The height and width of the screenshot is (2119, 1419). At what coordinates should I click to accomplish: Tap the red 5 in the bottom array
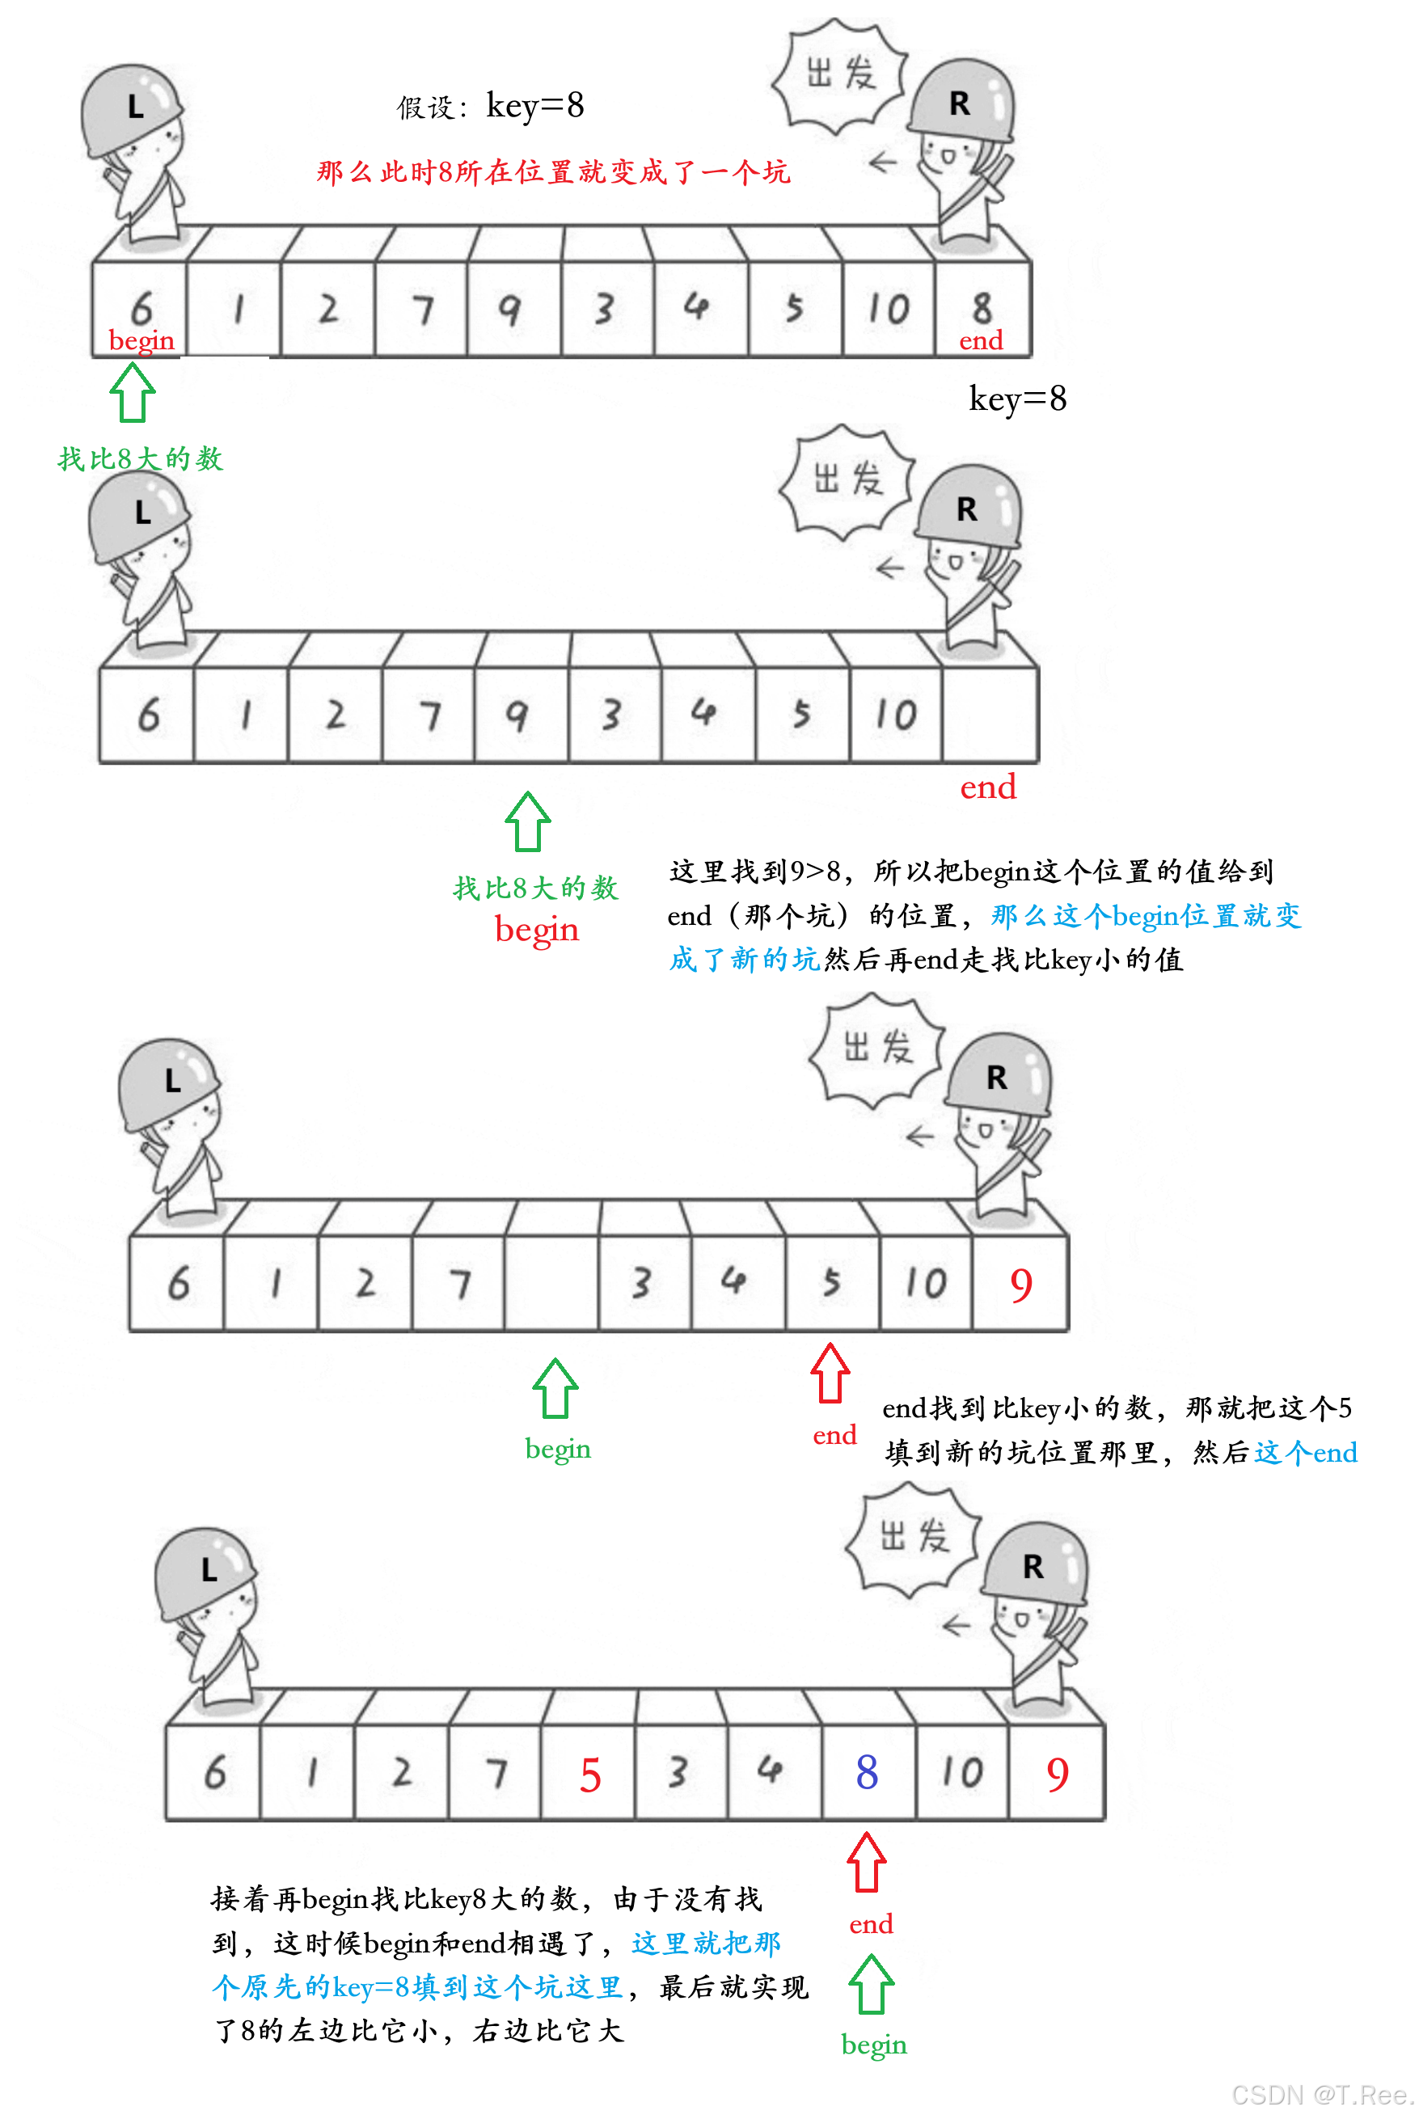590,1775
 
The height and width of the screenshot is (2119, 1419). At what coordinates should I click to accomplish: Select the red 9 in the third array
1021,1285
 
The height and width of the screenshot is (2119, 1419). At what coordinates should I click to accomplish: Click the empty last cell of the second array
989,715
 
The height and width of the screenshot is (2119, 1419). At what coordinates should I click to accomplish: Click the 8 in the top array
982,308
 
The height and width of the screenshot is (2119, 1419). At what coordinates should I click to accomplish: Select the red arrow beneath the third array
830,1373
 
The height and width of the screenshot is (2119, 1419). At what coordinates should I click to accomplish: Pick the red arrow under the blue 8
866,1861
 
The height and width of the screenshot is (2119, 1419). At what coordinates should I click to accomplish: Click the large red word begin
537,929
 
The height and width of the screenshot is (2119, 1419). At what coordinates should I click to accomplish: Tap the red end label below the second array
987,787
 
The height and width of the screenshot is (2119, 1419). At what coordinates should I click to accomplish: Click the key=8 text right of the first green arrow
1017,398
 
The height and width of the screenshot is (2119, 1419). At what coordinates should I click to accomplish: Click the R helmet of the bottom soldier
1033,1566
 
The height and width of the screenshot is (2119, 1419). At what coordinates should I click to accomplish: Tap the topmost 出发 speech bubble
839,73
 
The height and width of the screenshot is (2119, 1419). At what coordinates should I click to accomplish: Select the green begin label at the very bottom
873,2045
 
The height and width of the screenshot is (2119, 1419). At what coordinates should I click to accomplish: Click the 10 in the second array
895,715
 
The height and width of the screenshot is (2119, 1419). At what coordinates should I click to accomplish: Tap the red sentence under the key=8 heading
553,171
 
